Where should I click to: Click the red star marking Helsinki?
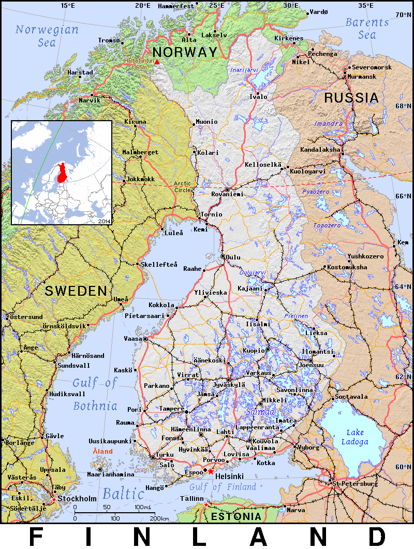(x=211, y=472)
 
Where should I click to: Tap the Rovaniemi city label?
(x=227, y=194)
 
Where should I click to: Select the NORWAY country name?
(x=185, y=52)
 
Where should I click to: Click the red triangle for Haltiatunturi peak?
(x=157, y=62)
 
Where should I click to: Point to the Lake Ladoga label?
(x=355, y=437)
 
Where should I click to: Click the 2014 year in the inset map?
(x=104, y=221)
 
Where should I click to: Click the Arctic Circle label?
(x=183, y=186)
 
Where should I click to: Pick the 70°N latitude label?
(x=403, y=15)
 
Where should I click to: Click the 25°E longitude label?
(x=216, y=6)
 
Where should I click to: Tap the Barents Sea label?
(x=367, y=28)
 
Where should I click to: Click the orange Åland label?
(x=102, y=452)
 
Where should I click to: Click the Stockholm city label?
(x=77, y=499)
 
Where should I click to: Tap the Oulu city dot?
(x=223, y=256)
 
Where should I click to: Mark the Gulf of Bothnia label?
(x=94, y=394)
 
